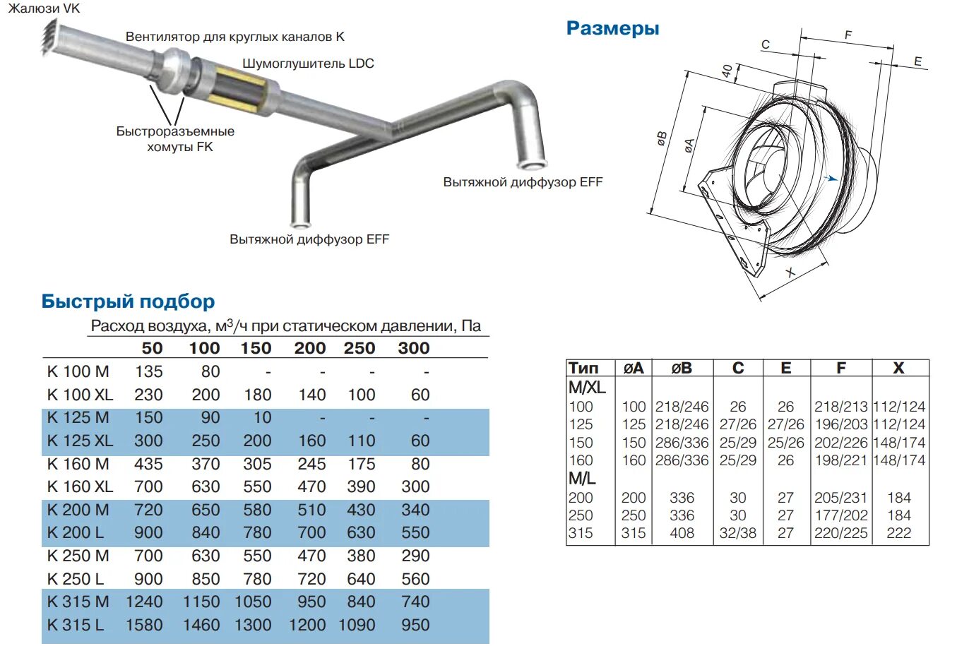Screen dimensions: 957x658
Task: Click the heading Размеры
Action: (x=612, y=28)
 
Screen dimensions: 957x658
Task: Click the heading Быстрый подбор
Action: (x=128, y=301)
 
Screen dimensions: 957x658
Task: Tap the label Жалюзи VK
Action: (x=44, y=8)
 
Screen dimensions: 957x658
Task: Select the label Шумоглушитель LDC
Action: (x=308, y=64)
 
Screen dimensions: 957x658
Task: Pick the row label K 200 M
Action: (x=78, y=510)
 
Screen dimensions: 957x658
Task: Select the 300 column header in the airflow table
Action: (x=414, y=348)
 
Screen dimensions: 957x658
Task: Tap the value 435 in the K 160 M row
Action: (x=148, y=464)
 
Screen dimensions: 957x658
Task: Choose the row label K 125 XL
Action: (x=80, y=441)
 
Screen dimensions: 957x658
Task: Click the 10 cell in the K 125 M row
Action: (x=262, y=418)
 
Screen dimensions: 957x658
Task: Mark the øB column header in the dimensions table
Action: (x=682, y=368)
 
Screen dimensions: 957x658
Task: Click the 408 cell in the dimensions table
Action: (x=682, y=533)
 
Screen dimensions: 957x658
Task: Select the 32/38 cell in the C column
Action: (x=737, y=533)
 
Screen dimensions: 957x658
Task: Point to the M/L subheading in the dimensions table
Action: (x=582, y=479)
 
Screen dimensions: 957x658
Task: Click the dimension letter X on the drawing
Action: (x=790, y=273)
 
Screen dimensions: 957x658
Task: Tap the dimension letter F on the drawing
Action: (x=848, y=35)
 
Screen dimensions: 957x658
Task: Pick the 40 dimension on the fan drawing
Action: (x=727, y=71)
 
